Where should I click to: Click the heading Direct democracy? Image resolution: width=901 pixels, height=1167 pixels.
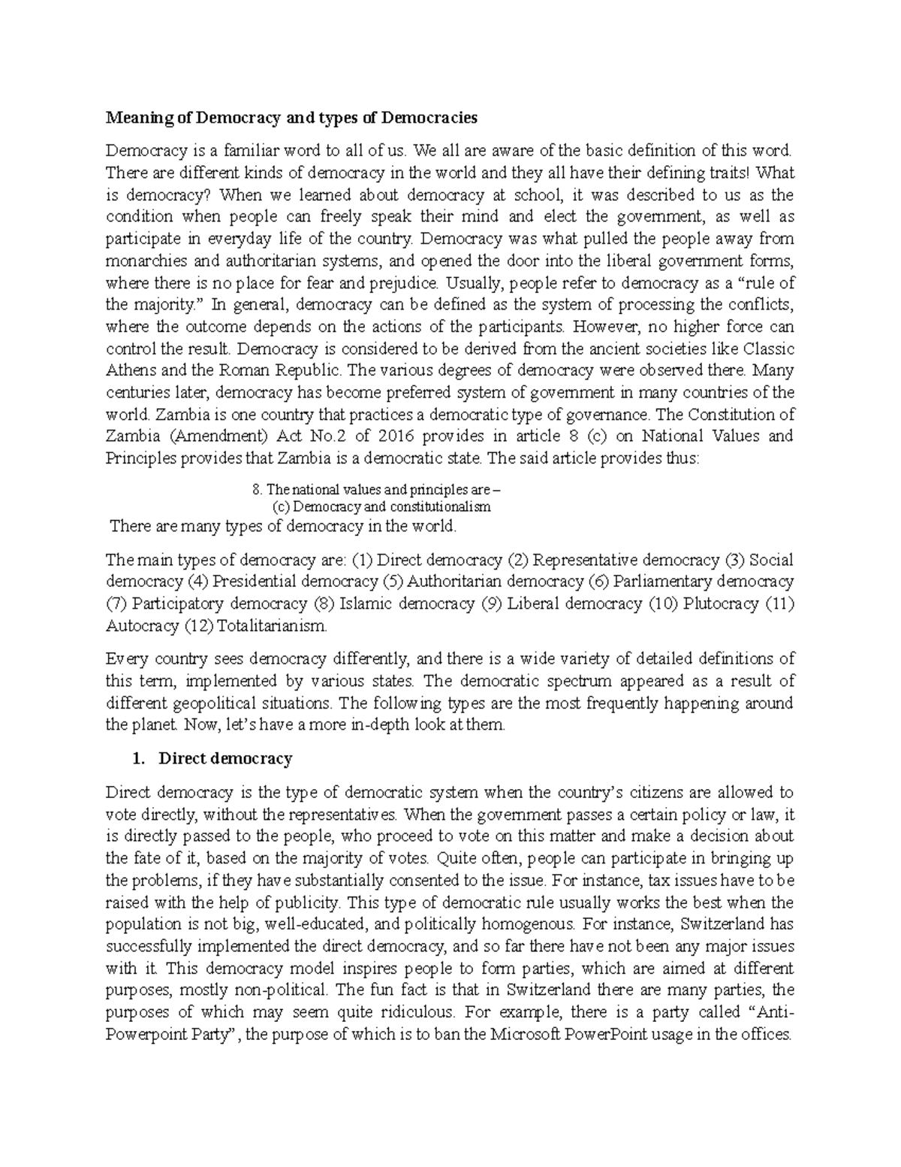pos(225,759)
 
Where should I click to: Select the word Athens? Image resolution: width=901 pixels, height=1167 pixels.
pos(128,370)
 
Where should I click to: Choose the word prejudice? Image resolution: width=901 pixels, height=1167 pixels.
pos(403,283)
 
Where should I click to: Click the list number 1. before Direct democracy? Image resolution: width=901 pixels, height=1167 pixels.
pos(137,759)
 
